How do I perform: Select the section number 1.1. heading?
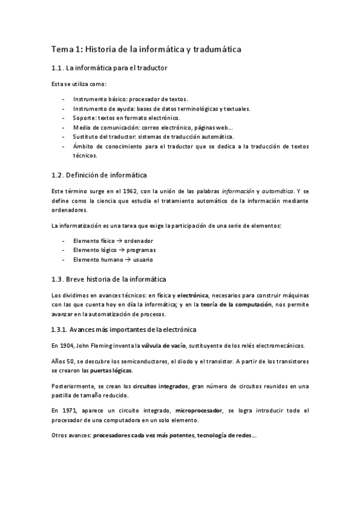pyautogui.click(x=58, y=69)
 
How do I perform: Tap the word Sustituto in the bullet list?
pyautogui.click(x=85, y=138)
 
